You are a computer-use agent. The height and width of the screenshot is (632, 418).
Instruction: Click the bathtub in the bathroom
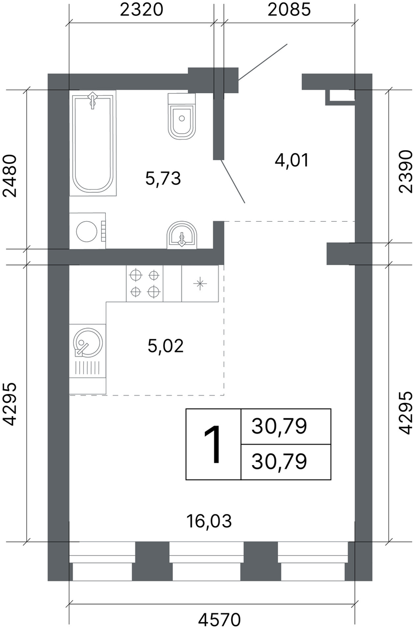[93, 143]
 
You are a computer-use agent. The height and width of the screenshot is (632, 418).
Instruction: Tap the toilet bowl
[182, 116]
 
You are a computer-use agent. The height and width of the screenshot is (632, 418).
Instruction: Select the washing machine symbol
[87, 231]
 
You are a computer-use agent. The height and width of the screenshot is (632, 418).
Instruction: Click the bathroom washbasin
[182, 235]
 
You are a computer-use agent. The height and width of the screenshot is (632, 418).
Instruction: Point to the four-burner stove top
[144, 283]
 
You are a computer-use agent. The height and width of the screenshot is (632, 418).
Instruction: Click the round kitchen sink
[88, 342]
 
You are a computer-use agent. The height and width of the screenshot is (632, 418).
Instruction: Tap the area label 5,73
[163, 179]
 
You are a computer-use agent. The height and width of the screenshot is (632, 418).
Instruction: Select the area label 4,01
[292, 161]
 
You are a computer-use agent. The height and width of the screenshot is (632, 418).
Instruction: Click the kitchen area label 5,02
[165, 346]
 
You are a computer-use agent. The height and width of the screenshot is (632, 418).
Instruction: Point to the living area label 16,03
[209, 521]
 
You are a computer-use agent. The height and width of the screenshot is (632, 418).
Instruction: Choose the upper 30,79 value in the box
[279, 427]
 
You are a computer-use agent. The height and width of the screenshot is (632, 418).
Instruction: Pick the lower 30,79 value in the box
[279, 462]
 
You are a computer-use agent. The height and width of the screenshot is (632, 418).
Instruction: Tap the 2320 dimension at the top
[142, 10]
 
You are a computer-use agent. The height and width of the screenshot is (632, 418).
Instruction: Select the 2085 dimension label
[289, 10]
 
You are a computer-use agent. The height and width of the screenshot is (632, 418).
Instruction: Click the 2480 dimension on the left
[10, 175]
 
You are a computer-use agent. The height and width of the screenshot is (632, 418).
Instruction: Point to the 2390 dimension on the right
[406, 172]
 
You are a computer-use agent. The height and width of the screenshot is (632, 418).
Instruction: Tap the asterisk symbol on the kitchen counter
[200, 283]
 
